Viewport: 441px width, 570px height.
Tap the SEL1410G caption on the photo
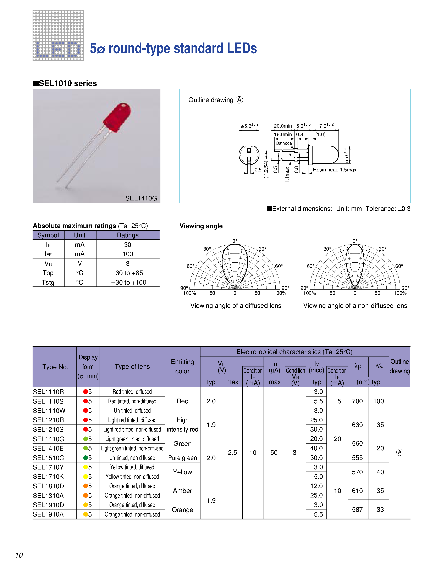click(141, 198)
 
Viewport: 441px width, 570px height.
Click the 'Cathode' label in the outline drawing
click(284, 143)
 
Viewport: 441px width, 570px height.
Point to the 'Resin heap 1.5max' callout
click(334, 170)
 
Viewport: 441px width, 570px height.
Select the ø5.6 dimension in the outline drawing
click(249, 126)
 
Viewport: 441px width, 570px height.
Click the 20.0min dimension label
click(283, 126)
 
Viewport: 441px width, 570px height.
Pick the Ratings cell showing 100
click(128, 254)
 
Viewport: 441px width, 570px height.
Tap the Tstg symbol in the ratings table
click(48, 282)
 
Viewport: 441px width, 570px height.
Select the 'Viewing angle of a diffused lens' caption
click(236, 306)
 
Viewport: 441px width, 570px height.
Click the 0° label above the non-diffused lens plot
click(355, 241)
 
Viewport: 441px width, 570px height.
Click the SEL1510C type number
click(48, 458)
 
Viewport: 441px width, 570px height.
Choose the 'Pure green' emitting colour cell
click(182, 458)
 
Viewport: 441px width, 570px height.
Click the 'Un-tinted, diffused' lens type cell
click(132, 411)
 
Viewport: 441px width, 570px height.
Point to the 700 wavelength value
click(357, 401)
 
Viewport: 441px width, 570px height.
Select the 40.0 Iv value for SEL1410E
click(316, 448)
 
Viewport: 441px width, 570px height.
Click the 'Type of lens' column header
click(132, 367)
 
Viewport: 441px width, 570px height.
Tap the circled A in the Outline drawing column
click(399, 452)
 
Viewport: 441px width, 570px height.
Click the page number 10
click(19, 555)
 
